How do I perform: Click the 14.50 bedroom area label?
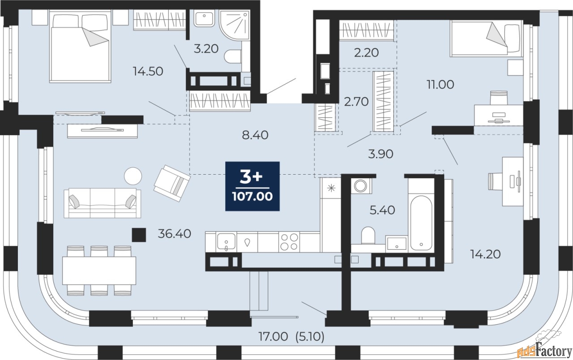(x=148, y=71)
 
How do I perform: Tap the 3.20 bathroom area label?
(x=206, y=49)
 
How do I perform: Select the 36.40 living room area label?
(x=175, y=234)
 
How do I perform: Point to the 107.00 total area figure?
(x=252, y=197)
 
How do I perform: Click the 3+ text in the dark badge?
(x=251, y=177)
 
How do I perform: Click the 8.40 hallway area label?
(x=255, y=135)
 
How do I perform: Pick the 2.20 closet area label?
(x=366, y=53)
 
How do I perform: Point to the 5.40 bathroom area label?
(x=382, y=210)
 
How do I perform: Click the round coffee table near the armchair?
(x=133, y=176)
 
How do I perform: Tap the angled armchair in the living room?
(x=172, y=183)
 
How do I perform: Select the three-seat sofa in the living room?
(x=103, y=203)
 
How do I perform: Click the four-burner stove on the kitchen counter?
(x=289, y=242)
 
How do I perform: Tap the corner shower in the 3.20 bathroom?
(x=234, y=25)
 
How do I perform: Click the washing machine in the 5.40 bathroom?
(x=360, y=186)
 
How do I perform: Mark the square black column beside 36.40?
(x=139, y=235)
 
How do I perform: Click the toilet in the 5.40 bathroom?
(x=368, y=236)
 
